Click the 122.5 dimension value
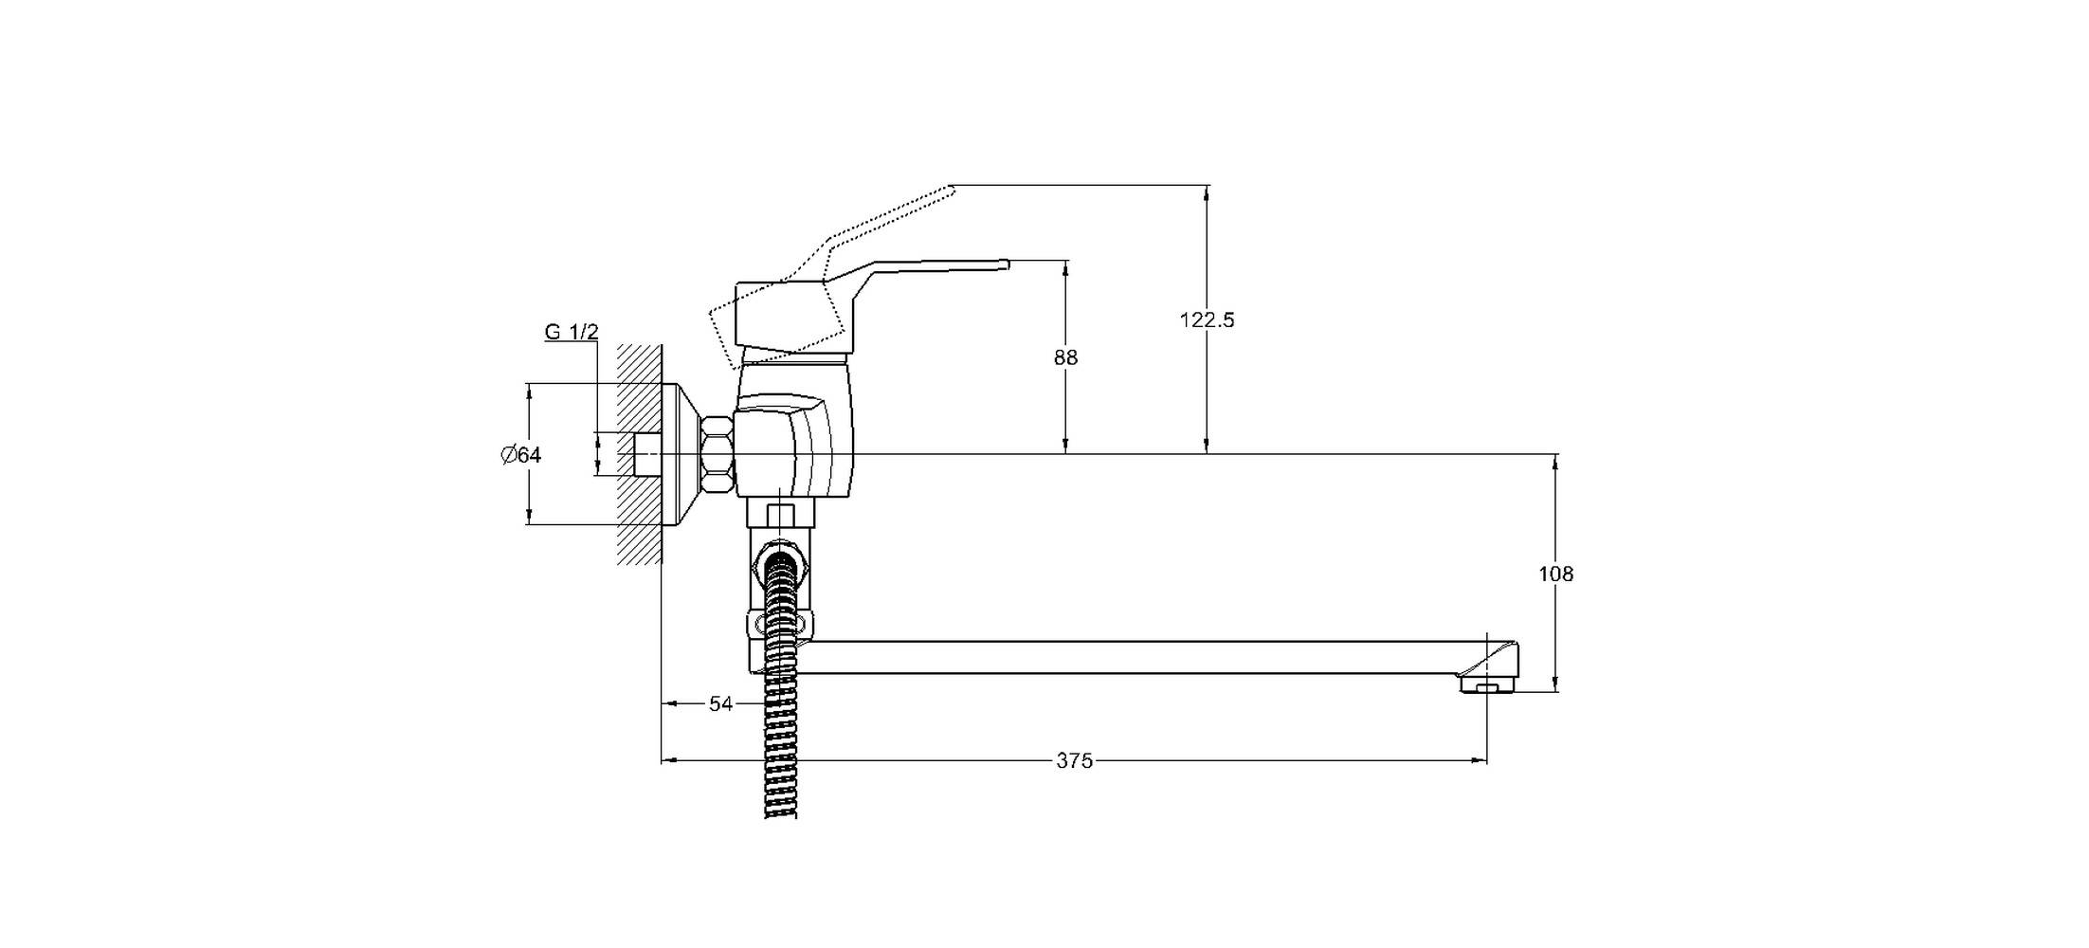pos(1207,320)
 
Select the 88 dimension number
pos(1065,357)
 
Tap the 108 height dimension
pos(1555,574)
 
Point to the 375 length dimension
pos(1075,760)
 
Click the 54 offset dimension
pos(721,703)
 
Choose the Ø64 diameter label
pos(521,455)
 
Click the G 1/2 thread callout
pos(572,332)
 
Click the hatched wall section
pos(639,453)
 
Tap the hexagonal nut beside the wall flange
pos(718,454)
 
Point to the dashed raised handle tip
pos(951,190)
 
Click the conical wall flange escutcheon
pos(681,454)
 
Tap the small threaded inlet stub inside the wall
pos(646,454)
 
